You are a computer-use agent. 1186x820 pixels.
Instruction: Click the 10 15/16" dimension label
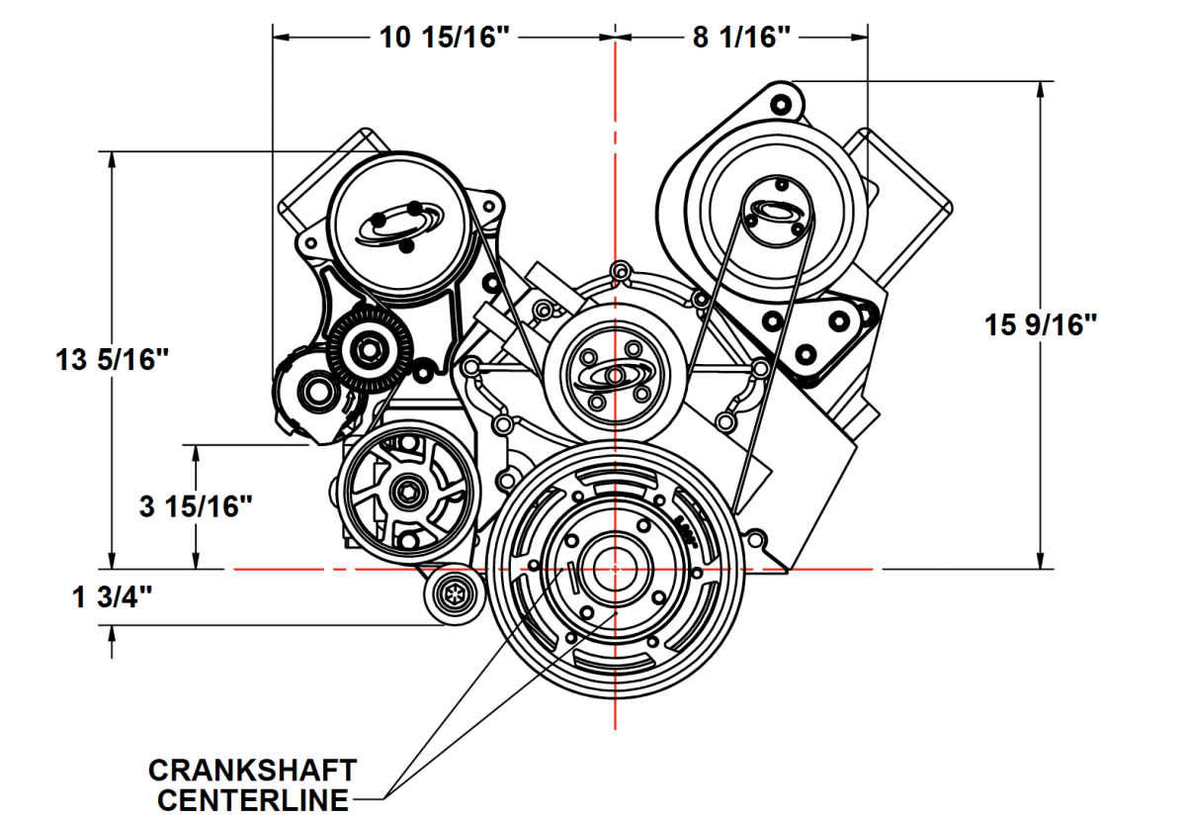pos(446,38)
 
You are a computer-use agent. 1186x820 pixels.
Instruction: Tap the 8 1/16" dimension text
pos(741,38)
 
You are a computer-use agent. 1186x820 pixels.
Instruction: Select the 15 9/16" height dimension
pos(1042,324)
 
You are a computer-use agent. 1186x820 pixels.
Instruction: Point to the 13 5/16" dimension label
pos(108,360)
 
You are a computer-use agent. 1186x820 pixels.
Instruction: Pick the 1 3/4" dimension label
pos(112,597)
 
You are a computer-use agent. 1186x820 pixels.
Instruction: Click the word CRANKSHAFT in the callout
pos(253,770)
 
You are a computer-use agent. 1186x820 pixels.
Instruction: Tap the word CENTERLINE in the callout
pos(253,798)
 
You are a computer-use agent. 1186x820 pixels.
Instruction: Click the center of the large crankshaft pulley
pos(615,569)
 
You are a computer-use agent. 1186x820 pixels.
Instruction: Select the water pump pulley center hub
pos(614,376)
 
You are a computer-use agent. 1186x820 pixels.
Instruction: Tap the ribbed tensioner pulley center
pos(371,349)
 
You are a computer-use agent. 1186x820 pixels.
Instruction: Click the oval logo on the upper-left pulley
pos(397,226)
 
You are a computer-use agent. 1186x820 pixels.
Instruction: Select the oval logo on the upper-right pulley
pos(775,210)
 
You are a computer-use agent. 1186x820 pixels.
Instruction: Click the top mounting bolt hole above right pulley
pos(778,103)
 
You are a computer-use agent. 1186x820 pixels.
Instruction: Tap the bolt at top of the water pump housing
pos(620,271)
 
